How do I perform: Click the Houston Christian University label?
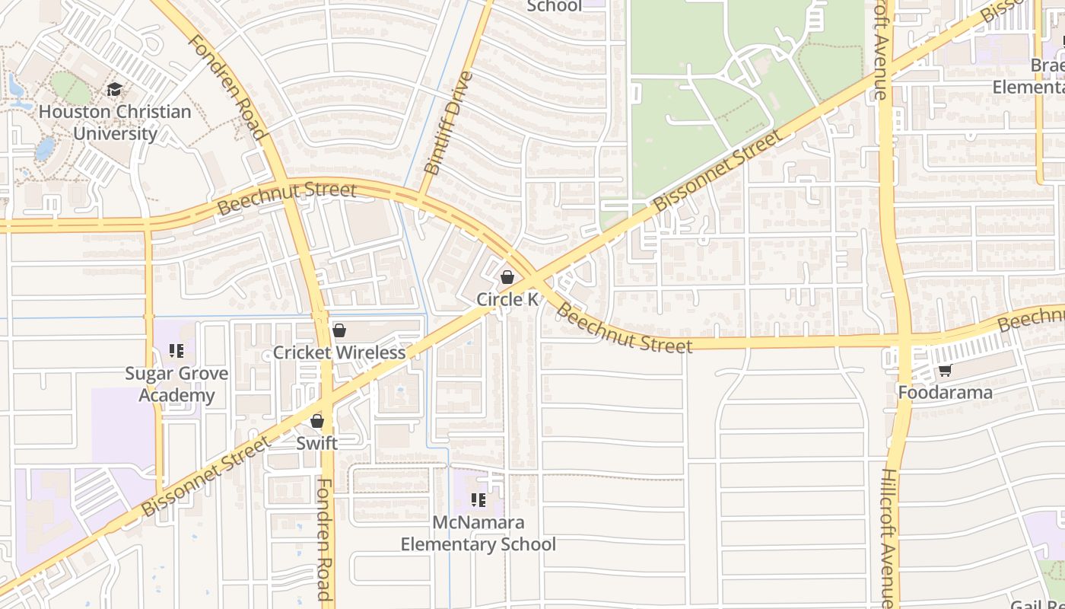[115, 123]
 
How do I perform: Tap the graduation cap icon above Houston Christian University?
[115, 90]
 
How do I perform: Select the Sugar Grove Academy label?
[176, 384]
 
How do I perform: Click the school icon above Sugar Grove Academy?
[176, 351]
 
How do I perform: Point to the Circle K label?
[507, 299]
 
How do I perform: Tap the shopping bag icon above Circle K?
[507, 277]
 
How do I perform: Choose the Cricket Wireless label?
[339, 352]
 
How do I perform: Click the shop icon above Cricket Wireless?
[339, 330]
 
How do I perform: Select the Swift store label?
[317, 442]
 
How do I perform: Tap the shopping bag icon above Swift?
[317, 421]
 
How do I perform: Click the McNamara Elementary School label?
[478, 534]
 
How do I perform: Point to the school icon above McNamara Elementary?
[478, 500]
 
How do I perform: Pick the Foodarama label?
[946, 393]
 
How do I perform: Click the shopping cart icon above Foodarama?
[946, 371]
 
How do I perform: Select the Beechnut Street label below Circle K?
[625, 328]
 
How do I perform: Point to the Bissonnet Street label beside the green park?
[717, 171]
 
